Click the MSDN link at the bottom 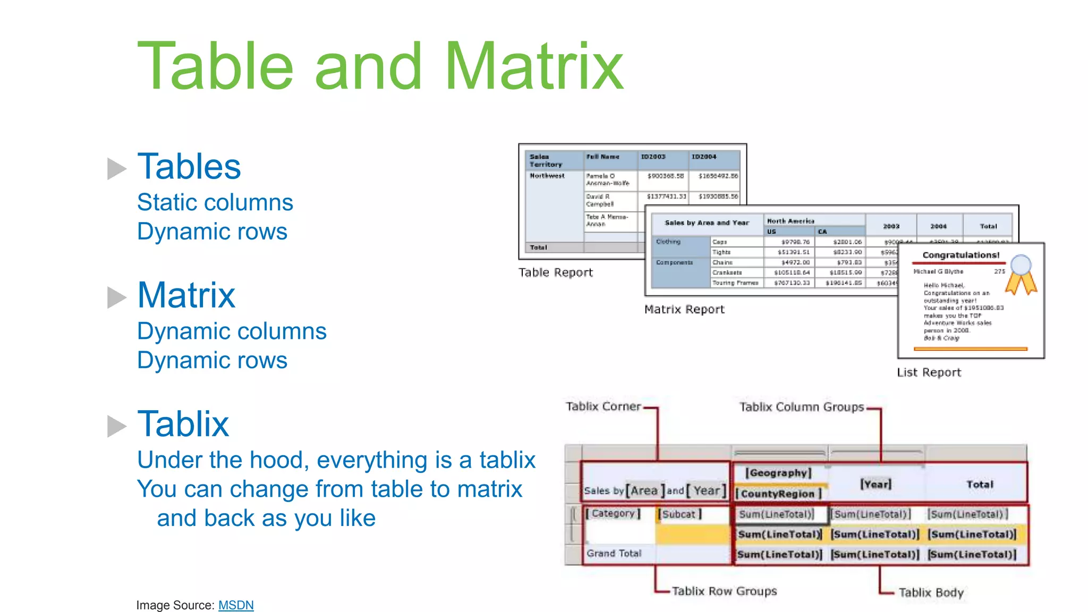click(x=236, y=605)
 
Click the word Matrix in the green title click(x=533, y=67)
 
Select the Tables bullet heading click(x=189, y=166)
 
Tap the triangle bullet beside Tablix click(x=116, y=426)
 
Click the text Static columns click(x=215, y=202)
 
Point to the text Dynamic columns click(x=232, y=331)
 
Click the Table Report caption click(x=555, y=273)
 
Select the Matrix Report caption click(x=684, y=309)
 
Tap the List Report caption click(x=929, y=372)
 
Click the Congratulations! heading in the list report click(x=960, y=255)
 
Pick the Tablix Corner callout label click(x=603, y=406)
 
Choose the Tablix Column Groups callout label click(x=801, y=407)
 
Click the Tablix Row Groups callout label click(x=724, y=591)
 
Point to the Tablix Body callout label click(x=931, y=592)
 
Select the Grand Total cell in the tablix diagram click(x=614, y=554)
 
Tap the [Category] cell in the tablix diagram click(x=614, y=514)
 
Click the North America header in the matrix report click(x=790, y=221)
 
